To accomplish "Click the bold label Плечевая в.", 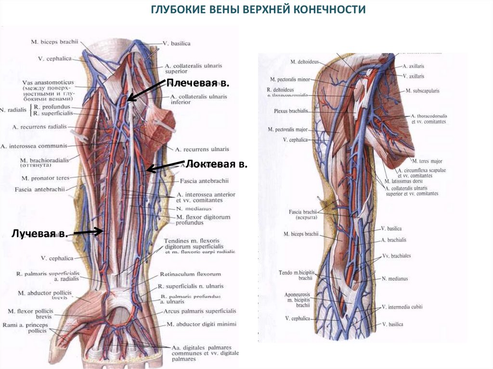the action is point(197,83).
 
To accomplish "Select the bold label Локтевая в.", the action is point(217,165).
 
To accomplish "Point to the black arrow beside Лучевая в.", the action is point(88,232).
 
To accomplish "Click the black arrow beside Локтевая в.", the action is point(165,165).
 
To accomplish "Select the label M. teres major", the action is point(427,161).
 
